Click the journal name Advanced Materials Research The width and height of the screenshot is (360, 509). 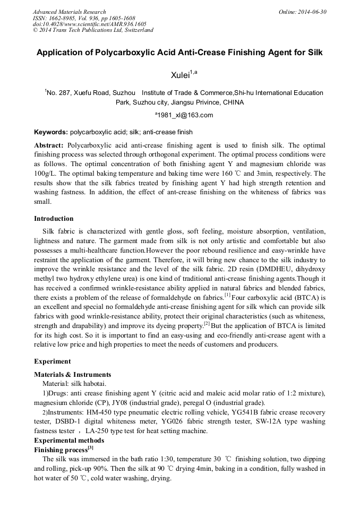coord(69,12)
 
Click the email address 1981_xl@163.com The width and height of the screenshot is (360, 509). coord(184,115)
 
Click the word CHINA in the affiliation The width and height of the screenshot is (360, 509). coord(233,102)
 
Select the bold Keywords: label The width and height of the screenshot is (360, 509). coord(51,132)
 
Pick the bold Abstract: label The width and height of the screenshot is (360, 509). coord(49,145)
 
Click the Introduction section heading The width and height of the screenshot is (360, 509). coord(54,218)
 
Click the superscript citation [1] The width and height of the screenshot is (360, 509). coord(227,295)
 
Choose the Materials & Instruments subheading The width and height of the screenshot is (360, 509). coord(72,374)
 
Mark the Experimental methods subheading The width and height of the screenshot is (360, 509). coord(69,440)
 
